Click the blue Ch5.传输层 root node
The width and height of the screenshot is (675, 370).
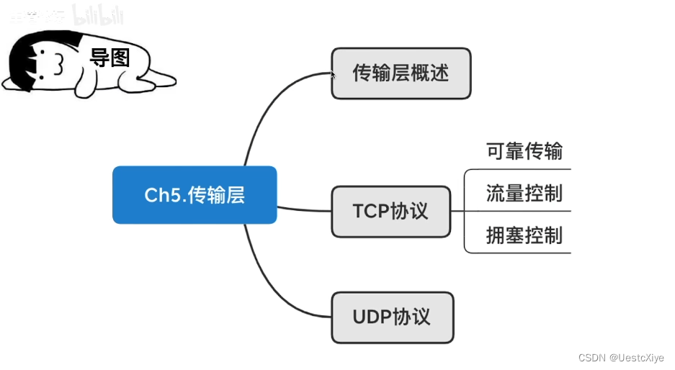pos(195,195)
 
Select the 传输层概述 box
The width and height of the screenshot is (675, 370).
pos(401,73)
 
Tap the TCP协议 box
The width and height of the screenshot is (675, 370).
pos(390,212)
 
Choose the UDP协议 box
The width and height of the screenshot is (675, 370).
pos(392,317)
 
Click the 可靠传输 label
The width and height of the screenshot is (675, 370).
pos(524,152)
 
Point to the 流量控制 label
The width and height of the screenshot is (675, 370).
pos(524,194)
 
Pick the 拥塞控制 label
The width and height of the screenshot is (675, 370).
pos(524,235)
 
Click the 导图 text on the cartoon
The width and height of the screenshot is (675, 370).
pos(109,58)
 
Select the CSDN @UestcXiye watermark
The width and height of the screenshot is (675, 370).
pos(620,358)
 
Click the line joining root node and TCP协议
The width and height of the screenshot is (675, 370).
pos(303,209)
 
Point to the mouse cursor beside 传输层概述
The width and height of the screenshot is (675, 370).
pos(333,73)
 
